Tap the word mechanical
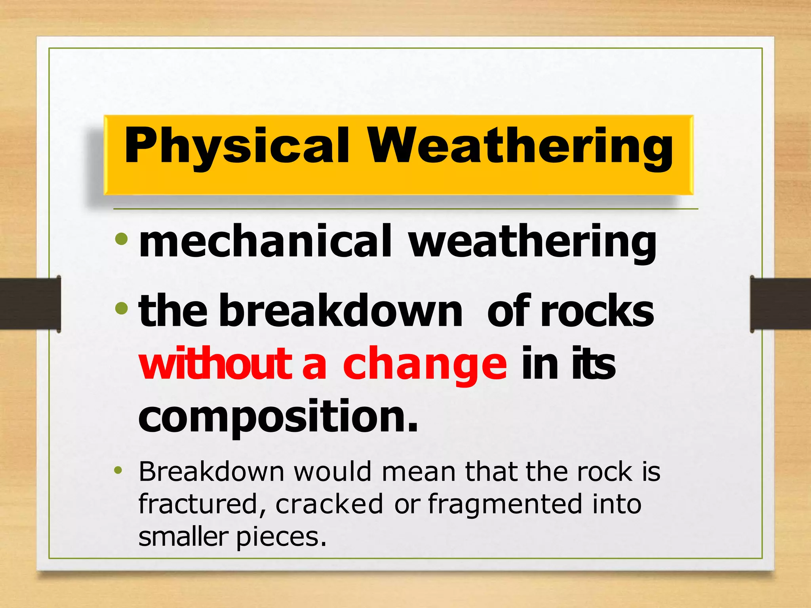click(265, 241)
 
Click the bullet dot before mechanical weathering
click(121, 239)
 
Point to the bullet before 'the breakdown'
click(121, 308)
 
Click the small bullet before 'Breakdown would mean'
click(118, 470)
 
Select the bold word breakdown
click(341, 311)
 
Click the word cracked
click(329, 504)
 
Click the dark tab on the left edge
click(30, 304)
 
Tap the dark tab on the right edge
click(780, 304)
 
